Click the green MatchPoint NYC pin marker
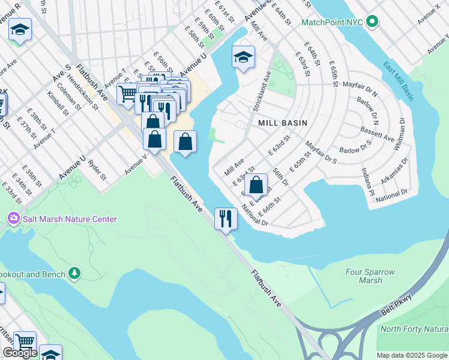372,22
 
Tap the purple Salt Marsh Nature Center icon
13,219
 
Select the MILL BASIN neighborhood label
282,122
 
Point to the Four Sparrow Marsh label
371,276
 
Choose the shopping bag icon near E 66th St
256,185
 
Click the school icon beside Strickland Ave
243,57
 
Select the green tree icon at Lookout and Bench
74,274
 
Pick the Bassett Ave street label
377,134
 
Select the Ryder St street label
97,170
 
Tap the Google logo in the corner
20,353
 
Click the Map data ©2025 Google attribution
412,355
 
